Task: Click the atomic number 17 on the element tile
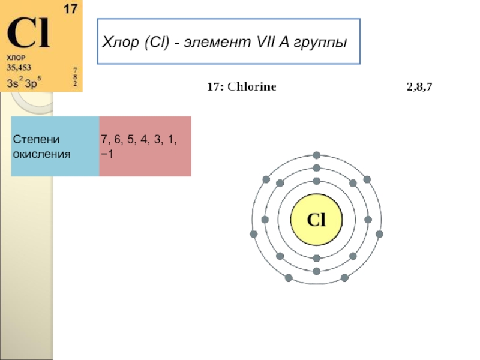pos(71,10)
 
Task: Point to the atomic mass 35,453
pos(19,67)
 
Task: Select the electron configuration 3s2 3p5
pos(24,82)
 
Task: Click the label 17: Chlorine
pos(242,87)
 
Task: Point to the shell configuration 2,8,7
pos(419,87)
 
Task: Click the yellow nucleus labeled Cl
pos(316,220)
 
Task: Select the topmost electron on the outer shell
pos(316,155)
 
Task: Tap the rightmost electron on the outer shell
pos(379,233)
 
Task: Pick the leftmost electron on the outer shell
pos(254,233)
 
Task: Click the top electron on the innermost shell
pos(316,181)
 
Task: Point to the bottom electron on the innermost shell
pos(316,258)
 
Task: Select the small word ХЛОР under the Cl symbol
pos(16,58)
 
